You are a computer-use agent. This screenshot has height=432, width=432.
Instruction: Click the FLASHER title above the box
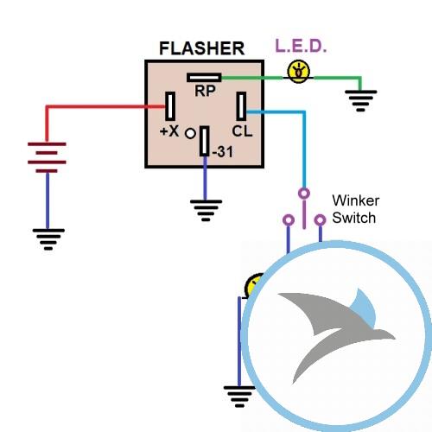coord(201,48)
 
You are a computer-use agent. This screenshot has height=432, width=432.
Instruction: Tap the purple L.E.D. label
coord(301,46)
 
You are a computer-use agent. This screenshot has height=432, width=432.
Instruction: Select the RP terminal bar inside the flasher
coord(204,78)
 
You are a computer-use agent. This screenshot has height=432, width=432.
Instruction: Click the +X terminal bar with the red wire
coord(170,106)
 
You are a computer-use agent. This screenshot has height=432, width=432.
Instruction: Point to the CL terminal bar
coord(241,106)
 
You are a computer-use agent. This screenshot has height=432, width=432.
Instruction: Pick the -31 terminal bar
coord(205,141)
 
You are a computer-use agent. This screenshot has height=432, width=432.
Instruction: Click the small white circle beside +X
coord(190,134)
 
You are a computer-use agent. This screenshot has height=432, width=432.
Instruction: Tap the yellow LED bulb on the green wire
coord(299,72)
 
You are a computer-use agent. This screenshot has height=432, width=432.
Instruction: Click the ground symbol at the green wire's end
coord(360,101)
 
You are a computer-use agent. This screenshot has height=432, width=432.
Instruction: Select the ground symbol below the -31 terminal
coord(206,211)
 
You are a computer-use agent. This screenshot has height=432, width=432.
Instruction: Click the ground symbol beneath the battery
coord(48,239)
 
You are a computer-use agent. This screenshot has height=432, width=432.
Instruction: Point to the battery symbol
coord(47,157)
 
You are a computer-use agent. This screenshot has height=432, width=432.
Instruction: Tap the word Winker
coord(355,200)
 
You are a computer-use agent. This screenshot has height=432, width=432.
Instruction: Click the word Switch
coord(354,218)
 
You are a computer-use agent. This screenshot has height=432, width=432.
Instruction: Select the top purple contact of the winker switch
coord(304,194)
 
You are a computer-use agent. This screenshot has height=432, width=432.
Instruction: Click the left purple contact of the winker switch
coord(289,220)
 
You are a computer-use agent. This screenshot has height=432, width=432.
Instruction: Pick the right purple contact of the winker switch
coord(320,220)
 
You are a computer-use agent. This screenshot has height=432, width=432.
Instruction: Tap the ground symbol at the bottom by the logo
coord(239,397)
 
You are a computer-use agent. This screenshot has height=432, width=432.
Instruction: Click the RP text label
coord(205,91)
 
